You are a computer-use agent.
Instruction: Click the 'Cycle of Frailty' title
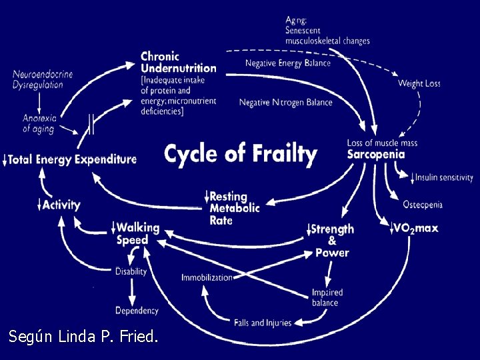[x=240, y=155]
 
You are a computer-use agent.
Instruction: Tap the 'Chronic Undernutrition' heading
[x=178, y=62]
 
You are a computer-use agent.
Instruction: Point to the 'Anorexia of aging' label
[x=39, y=123]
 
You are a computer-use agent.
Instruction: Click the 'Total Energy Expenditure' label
[x=72, y=159]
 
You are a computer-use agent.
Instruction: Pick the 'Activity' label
[x=61, y=205]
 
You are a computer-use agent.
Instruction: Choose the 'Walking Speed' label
[x=137, y=233]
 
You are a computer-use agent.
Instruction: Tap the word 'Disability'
[x=131, y=271]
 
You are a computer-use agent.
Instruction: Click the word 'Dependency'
[x=137, y=310]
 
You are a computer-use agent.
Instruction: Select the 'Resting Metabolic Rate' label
[x=234, y=208]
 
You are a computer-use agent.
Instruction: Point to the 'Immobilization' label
[x=207, y=277]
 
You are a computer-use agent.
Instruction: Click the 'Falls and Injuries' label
[x=263, y=323]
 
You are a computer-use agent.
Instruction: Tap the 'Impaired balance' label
[x=327, y=298]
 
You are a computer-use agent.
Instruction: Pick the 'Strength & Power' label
[x=332, y=241]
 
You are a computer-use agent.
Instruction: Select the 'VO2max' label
[x=415, y=229]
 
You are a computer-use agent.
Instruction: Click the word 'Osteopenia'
[x=423, y=204]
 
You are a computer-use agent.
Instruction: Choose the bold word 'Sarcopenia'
[x=375, y=154]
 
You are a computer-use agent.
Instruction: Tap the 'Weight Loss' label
[x=419, y=83]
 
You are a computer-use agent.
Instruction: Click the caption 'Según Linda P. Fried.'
[x=83, y=337]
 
